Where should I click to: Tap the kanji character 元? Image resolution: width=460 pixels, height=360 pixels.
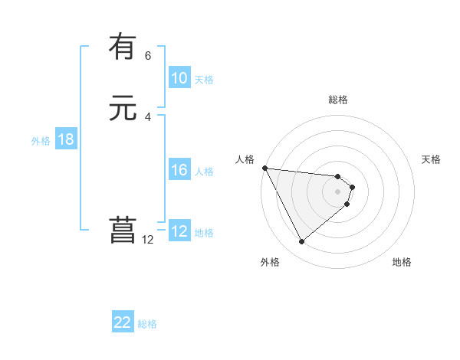[123, 109]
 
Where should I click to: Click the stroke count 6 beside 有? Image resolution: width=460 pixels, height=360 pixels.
[148, 55]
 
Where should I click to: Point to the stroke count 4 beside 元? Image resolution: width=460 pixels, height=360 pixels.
[148, 117]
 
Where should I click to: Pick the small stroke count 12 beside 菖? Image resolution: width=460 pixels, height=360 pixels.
[148, 240]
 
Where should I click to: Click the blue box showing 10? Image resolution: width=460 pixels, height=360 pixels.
[179, 78]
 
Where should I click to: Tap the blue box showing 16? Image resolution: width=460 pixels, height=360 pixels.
[179, 171]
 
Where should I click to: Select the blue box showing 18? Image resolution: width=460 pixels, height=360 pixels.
[66, 139]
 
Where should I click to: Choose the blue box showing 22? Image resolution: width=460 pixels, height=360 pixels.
[123, 322]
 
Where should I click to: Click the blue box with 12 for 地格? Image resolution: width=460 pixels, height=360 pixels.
[179, 232]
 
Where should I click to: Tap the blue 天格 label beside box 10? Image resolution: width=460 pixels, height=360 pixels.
[204, 80]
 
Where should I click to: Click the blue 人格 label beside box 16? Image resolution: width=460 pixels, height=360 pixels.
[204, 172]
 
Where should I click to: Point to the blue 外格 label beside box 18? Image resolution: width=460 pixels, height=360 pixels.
[41, 141]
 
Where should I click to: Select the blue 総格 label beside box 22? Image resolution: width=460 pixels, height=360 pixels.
[147, 324]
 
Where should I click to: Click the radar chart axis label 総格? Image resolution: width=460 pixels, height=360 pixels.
[338, 100]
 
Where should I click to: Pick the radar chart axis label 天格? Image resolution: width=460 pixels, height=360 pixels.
[432, 159]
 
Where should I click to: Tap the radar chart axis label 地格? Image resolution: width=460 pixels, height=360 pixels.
[402, 262]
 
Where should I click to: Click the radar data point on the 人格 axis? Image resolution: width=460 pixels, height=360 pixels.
[264, 168]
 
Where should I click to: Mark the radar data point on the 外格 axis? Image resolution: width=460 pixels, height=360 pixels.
[301, 242]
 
